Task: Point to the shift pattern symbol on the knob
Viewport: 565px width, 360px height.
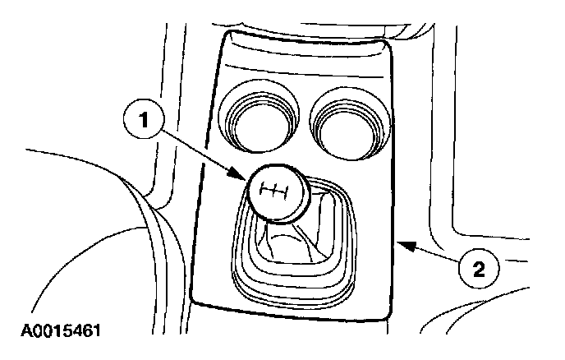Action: (x=273, y=192)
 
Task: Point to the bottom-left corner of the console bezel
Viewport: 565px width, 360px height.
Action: (x=195, y=298)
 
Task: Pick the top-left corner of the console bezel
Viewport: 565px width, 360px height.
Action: (x=222, y=33)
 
